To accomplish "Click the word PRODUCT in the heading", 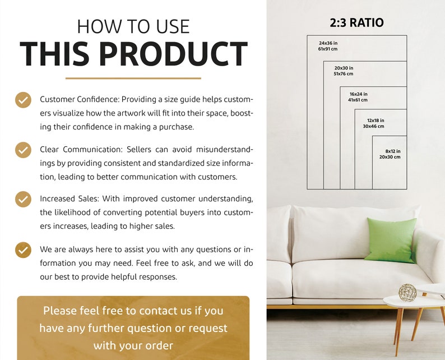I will pyautogui.click(x=175, y=54).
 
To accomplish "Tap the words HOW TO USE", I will pyautogui.click(x=133, y=26).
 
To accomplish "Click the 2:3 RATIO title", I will pyautogui.click(x=356, y=23).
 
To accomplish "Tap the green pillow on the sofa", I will pyautogui.click(x=391, y=239).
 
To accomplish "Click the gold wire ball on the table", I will pyautogui.click(x=407, y=292).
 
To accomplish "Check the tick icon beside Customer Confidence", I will pyautogui.click(x=23, y=100).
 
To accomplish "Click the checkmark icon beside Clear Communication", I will pyautogui.click(x=23, y=150).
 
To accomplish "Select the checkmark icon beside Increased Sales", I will pyautogui.click(x=23, y=199).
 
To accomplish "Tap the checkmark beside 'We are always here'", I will pyautogui.click(x=23, y=250).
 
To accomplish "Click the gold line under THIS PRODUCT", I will pyautogui.click(x=133, y=78).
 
